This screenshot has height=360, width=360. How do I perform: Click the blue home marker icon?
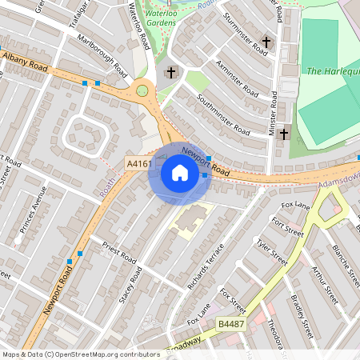coord(179,172)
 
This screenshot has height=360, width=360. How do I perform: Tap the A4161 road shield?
coord(139,164)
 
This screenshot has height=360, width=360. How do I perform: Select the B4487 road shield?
coord(230,324)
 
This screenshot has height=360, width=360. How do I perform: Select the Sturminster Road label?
coord(246,33)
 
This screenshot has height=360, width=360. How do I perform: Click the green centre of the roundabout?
coord(144,90)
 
